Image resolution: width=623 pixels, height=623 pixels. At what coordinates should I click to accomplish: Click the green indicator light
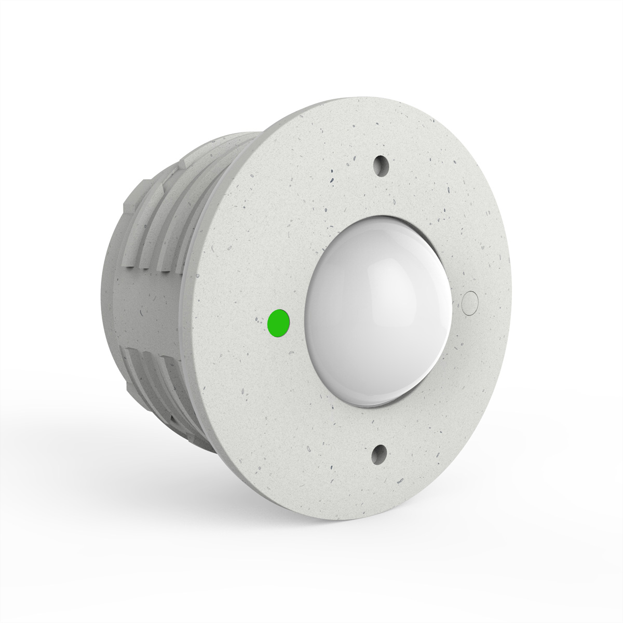pyautogui.click(x=278, y=322)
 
